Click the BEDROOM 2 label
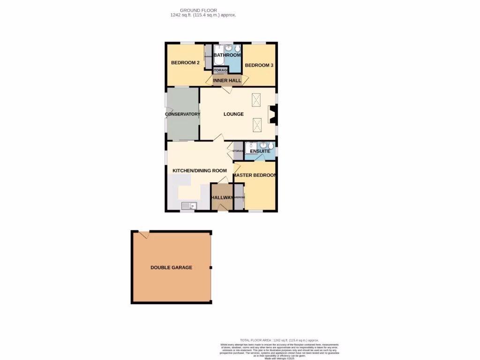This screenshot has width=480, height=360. point(185,63)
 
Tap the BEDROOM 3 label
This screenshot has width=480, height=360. point(259,65)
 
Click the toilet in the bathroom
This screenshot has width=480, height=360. point(237,49)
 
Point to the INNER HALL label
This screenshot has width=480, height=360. point(227,81)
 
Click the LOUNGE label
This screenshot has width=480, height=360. point(233,114)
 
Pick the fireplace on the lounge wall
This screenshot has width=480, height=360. point(271,114)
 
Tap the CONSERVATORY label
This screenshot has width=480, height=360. point(182,114)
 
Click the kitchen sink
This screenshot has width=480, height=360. point(189,205)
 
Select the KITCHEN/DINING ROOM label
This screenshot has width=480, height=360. point(200,171)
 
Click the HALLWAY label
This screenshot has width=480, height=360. point(222,197)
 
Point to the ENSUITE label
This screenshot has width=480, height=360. point(259,151)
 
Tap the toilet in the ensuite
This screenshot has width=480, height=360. point(270,146)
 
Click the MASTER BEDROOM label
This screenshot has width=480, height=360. point(254,175)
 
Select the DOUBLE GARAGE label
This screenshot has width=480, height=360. point(171,267)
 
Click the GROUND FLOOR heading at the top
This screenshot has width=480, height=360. point(198,10)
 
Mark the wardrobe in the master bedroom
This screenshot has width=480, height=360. point(239,197)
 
